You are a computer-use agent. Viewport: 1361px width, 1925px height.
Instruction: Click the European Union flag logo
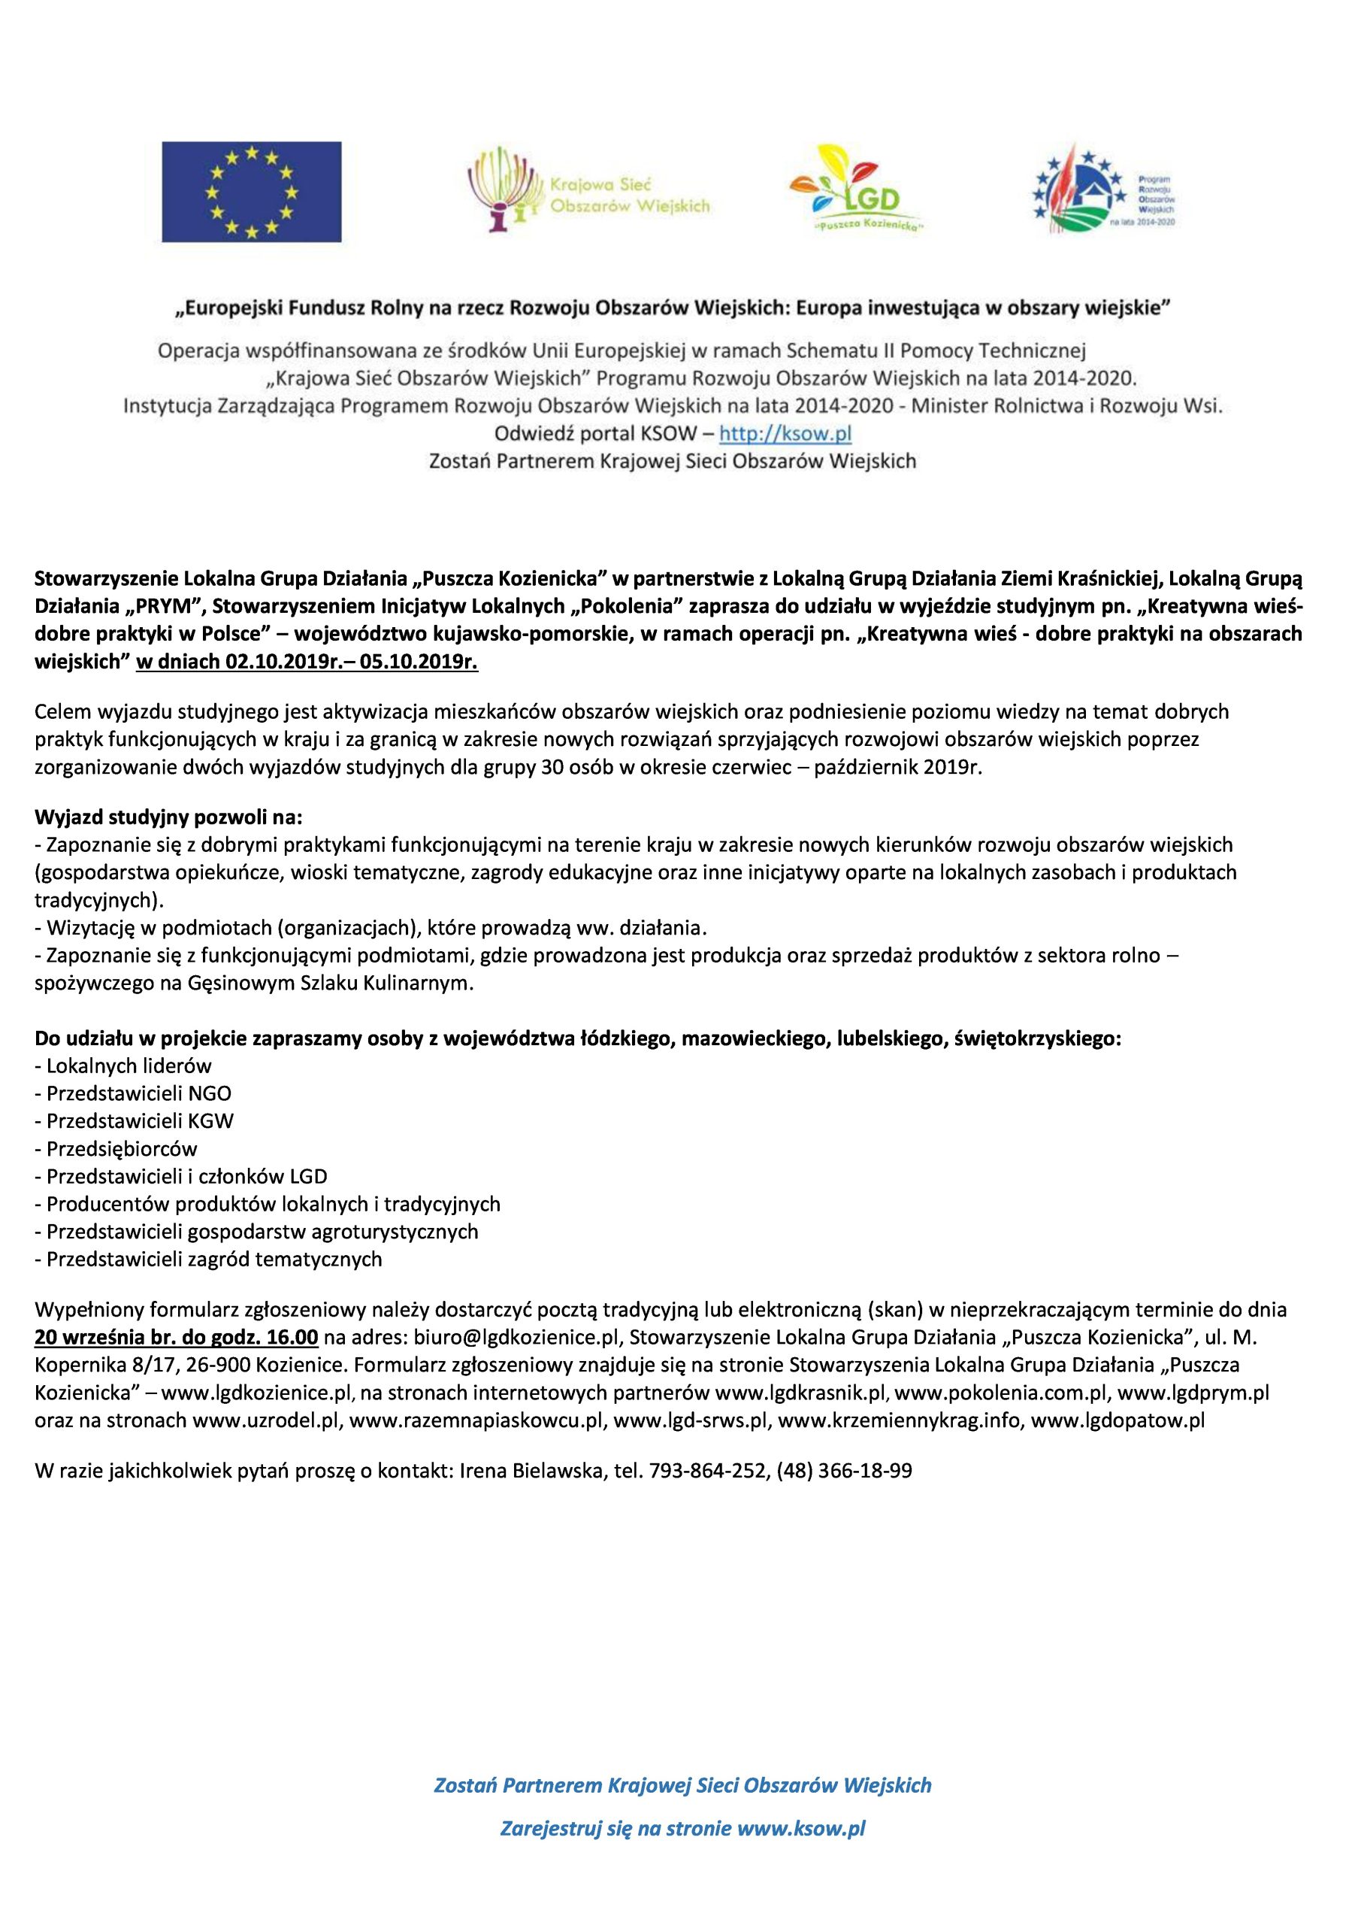pos(252,192)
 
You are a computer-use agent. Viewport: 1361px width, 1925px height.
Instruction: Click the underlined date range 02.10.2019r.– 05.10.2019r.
pos(306,662)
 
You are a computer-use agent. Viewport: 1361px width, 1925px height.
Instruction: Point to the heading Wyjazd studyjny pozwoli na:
pos(168,816)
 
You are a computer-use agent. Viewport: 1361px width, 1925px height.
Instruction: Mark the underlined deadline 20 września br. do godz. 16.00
pos(176,1336)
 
